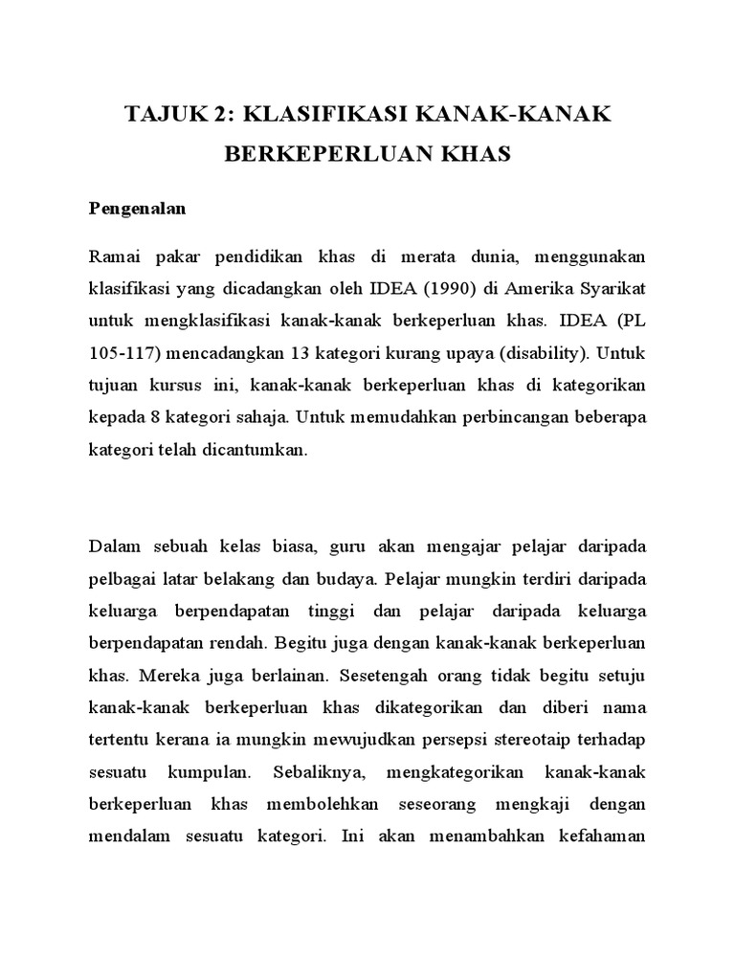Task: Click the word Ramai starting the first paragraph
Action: tap(113, 256)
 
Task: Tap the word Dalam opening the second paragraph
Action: tap(114, 546)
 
